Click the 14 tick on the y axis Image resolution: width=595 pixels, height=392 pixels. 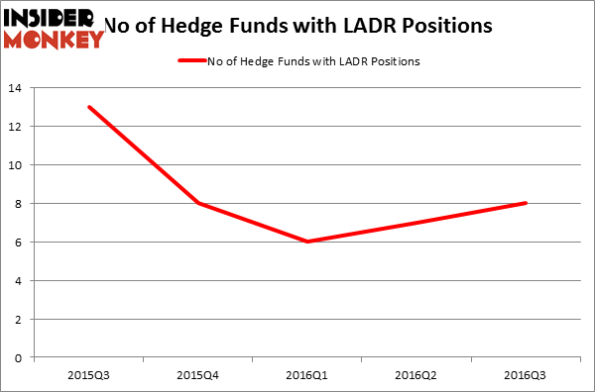tap(20, 88)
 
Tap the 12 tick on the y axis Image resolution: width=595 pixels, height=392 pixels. tap(20, 127)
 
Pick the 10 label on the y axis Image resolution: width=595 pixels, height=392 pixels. tap(20, 165)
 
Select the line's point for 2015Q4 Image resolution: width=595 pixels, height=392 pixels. tap(197, 203)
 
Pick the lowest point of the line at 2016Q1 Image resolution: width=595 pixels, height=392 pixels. tap(306, 242)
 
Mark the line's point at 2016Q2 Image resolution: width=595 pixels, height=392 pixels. tap(416, 223)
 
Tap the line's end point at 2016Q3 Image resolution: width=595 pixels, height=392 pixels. tap(526, 203)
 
